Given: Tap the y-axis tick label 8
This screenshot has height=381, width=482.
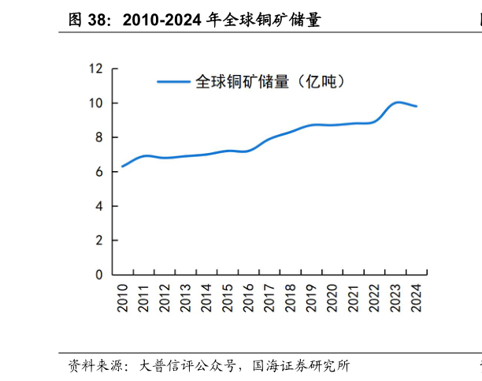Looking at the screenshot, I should [x=98, y=137].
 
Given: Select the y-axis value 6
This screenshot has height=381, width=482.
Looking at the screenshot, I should [x=98, y=172].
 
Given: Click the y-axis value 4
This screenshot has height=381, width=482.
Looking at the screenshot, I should [x=98, y=206].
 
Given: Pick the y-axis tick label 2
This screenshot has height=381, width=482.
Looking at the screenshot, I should [x=98, y=241].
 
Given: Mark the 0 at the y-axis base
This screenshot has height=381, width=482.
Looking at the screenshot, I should [x=98, y=275].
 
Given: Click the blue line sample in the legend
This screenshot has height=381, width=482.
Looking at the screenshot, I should [x=173, y=81].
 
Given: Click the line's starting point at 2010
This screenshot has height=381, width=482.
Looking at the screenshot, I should [x=122, y=166].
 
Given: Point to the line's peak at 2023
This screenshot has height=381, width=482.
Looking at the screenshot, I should [x=398, y=103].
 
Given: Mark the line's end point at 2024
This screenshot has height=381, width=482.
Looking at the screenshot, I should [x=417, y=106].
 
